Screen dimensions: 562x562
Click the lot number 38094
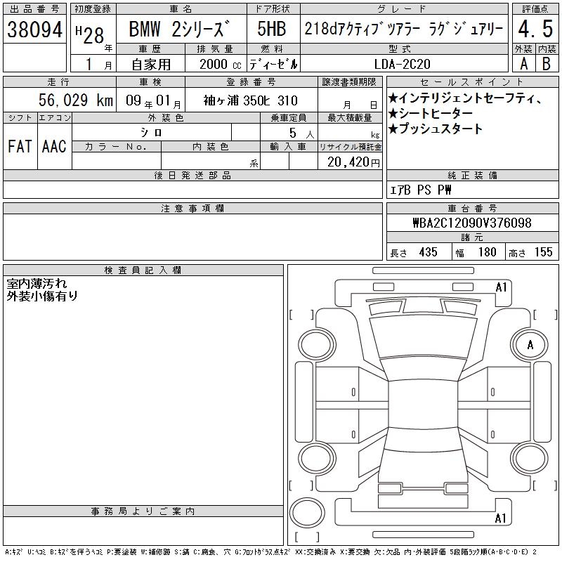click(34, 30)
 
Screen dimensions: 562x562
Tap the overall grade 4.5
click(535, 29)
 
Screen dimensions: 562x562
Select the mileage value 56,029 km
click(76, 100)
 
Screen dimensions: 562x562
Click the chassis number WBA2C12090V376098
click(472, 223)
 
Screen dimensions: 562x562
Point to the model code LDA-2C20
click(402, 64)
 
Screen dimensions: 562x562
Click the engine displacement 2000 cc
click(221, 65)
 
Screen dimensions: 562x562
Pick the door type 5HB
click(272, 29)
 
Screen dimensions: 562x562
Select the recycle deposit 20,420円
click(353, 162)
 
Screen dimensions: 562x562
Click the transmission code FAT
click(20, 146)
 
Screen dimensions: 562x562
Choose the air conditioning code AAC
click(54, 146)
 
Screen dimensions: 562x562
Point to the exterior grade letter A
click(523, 64)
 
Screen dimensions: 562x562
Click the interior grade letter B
click(547, 64)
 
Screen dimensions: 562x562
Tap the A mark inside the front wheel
click(530, 345)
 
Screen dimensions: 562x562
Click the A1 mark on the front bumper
click(501, 287)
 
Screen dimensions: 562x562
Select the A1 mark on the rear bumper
click(500, 518)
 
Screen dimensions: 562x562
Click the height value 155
click(543, 252)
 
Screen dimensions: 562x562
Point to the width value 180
click(487, 252)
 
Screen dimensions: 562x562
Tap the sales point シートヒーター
click(431, 114)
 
